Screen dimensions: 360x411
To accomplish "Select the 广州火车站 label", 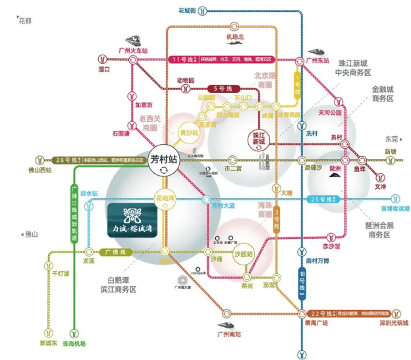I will pos(132,50).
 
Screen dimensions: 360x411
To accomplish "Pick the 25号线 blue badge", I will pos(324,199).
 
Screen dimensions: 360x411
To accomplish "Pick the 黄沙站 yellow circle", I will pos(172,132).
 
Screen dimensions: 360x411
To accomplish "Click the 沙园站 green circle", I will pos(244,253).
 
